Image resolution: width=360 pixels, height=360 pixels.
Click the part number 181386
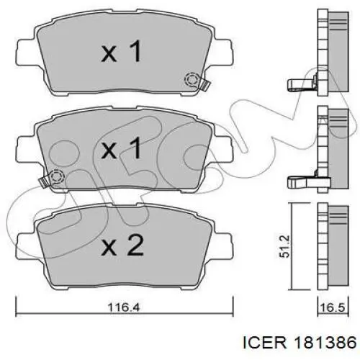(x=326, y=342)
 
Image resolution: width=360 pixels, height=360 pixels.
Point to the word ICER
(x=265, y=342)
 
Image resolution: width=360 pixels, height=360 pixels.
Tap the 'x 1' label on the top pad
(x=121, y=51)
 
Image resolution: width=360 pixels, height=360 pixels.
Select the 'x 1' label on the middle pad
(x=121, y=148)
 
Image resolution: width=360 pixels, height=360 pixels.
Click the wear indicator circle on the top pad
(x=192, y=80)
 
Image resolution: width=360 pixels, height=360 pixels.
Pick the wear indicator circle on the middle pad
(x=57, y=177)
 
